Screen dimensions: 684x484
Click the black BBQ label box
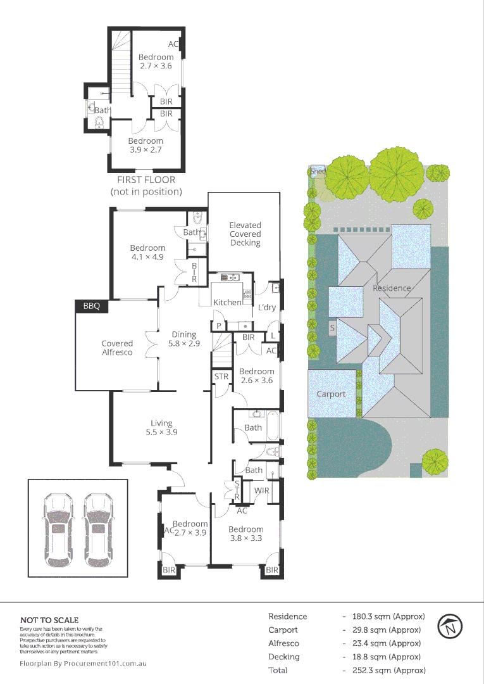[x=92, y=306]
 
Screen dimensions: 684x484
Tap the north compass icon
[x=450, y=627]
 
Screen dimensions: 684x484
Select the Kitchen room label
[x=226, y=302]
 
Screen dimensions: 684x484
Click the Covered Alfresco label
[x=117, y=348]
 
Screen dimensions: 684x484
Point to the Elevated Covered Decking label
[x=245, y=234]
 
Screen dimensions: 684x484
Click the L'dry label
[x=266, y=308]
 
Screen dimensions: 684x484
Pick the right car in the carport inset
[x=97, y=529]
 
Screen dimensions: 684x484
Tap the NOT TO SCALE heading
[x=49, y=620]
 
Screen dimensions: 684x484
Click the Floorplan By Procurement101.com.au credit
[x=84, y=664]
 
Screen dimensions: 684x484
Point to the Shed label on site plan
[x=318, y=171]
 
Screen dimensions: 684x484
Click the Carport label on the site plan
[x=331, y=394]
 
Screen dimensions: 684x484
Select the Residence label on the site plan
[x=391, y=288]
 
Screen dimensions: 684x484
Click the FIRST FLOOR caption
[x=146, y=180]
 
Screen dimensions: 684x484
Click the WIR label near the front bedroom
[x=262, y=491]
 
